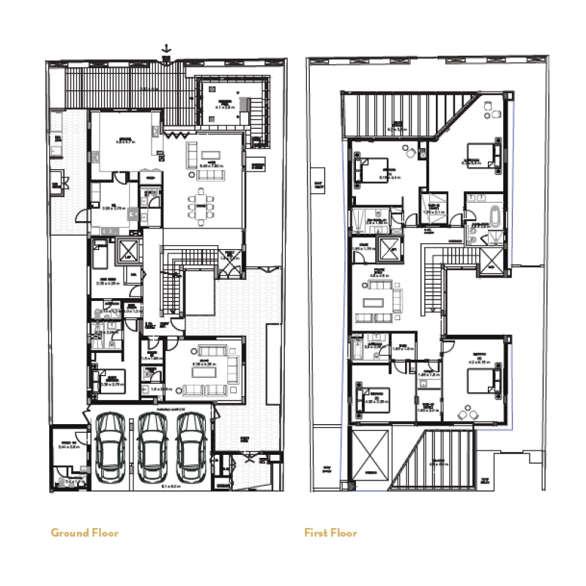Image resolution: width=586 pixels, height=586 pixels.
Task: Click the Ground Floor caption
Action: (x=84, y=533)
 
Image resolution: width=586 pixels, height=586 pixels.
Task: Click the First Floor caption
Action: (x=330, y=533)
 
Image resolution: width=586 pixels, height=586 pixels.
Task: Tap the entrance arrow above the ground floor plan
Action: (x=167, y=50)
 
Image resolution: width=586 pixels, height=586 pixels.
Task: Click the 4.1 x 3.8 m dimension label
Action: (x=224, y=107)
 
